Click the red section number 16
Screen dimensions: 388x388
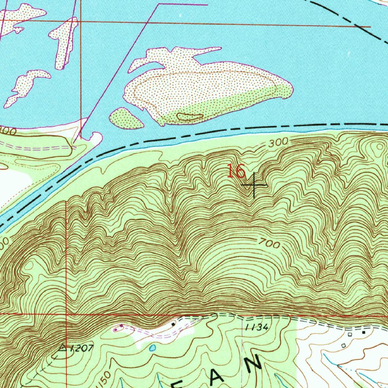(x=236, y=171)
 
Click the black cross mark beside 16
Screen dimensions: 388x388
(x=254, y=185)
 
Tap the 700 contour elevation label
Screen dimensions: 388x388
(x=270, y=244)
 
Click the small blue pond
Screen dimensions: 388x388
(x=153, y=348)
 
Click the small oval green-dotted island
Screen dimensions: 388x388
(x=126, y=119)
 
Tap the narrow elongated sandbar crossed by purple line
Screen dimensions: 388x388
(x=64, y=42)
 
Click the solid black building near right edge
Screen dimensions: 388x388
(x=364, y=332)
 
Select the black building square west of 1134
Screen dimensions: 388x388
(x=173, y=324)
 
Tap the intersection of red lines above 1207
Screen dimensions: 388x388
(x=66, y=314)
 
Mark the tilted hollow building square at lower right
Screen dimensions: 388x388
(x=344, y=346)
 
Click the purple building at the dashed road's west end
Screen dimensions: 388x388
(x=121, y=326)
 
